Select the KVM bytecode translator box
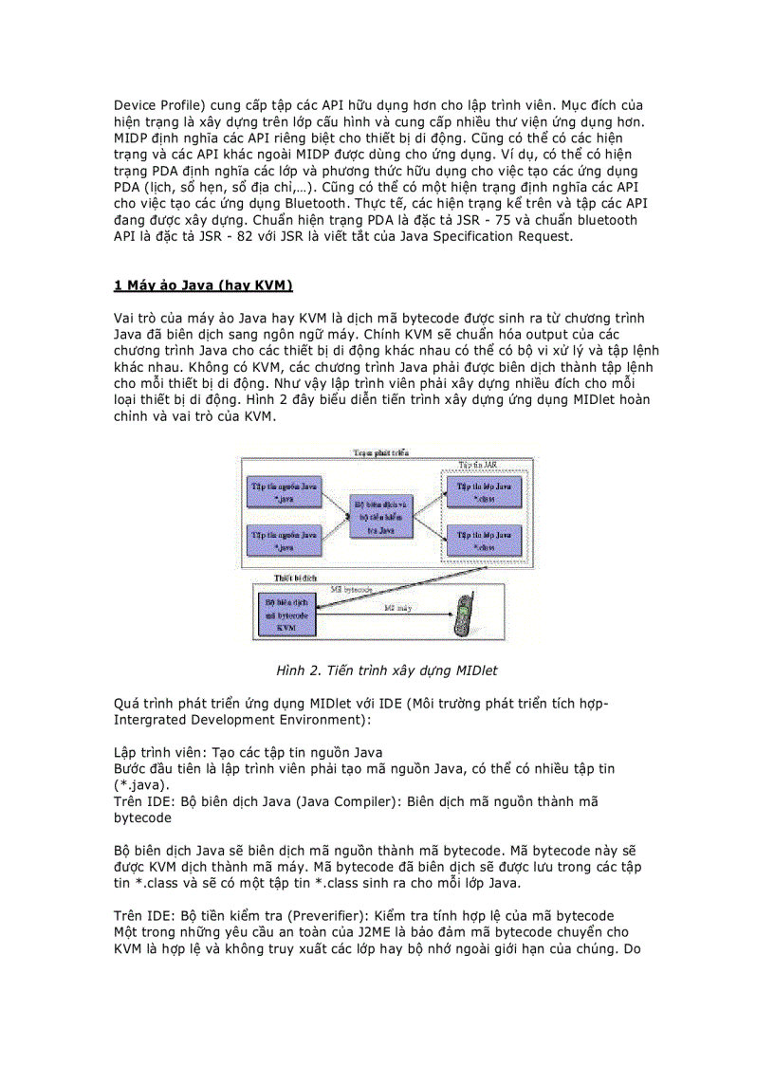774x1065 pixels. pos(284,614)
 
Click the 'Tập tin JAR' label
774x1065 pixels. pos(478,465)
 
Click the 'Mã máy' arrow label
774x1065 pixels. pos(397,605)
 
